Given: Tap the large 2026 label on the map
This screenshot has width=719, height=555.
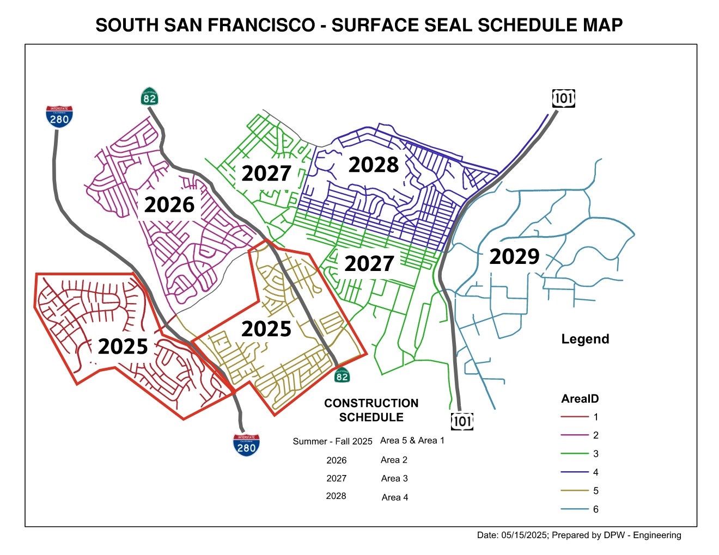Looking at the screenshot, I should click(x=169, y=205).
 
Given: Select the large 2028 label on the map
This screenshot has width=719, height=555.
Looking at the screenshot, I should click(x=374, y=164).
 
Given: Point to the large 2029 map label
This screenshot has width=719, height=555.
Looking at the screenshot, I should click(x=514, y=256).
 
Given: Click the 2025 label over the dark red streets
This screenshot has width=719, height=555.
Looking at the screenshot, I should click(x=123, y=346).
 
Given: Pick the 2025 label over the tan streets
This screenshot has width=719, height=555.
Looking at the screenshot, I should click(x=266, y=329).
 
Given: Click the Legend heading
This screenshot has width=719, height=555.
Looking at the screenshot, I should click(x=585, y=339).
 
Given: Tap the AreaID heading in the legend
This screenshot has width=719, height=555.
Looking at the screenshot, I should click(x=580, y=399).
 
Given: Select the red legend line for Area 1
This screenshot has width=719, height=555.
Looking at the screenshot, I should click(x=575, y=417).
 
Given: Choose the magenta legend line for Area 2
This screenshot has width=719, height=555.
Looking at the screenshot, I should click(x=575, y=435).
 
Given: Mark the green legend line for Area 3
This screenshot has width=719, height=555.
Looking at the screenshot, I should click(x=575, y=454).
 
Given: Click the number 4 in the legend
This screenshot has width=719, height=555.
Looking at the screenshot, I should click(x=596, y=472).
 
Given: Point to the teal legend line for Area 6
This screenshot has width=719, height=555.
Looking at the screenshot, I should click(x=575, y=509).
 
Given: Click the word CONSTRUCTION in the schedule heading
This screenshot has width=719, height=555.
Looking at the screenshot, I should click(x=371, y=403).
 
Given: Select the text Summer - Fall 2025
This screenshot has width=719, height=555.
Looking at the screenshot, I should click(x=332, y=441).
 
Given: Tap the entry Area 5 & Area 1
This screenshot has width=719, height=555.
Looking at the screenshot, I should click(x=412, y=441).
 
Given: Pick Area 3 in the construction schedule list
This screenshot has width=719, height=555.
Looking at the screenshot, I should click(x=394, y=479).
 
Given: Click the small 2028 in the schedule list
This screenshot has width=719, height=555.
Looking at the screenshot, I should click(x=336, y=496).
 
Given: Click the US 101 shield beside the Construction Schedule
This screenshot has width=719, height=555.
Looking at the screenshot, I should click(x=462, y=421).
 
